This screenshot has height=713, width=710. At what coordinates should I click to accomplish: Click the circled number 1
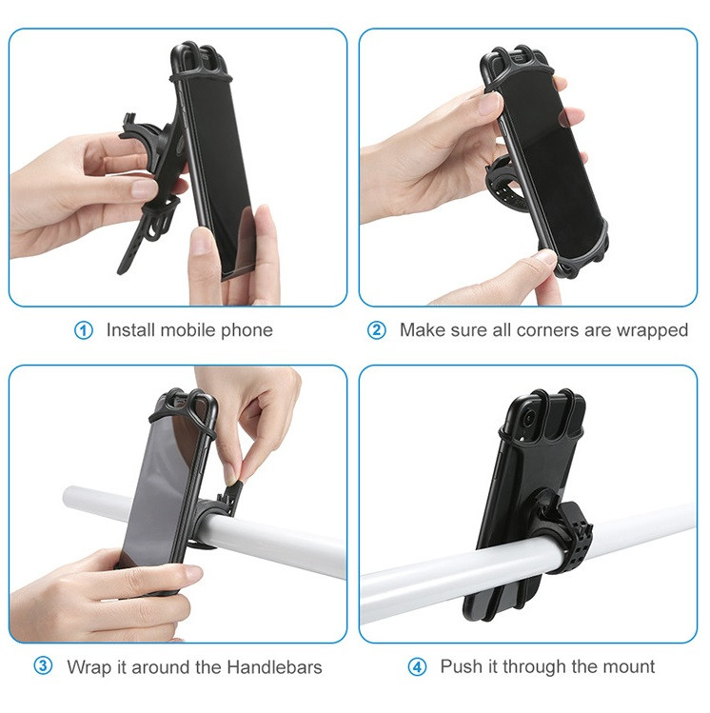click(x=83, y=330)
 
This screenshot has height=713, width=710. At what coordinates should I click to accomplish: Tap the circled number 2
click(x=376, y=330)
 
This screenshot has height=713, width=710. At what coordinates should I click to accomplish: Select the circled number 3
click(x=43, y=666)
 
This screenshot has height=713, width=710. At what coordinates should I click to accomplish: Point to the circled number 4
click(x=417, y=667)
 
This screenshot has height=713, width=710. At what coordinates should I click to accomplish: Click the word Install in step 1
click(x=130, y=330)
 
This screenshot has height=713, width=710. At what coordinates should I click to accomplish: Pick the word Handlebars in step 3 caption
click(x=274, y=667)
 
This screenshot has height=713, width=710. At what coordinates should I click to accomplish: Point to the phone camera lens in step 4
click(x=529, y=418)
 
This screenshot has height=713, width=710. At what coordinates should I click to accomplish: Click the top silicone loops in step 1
click(x=199, y=61)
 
